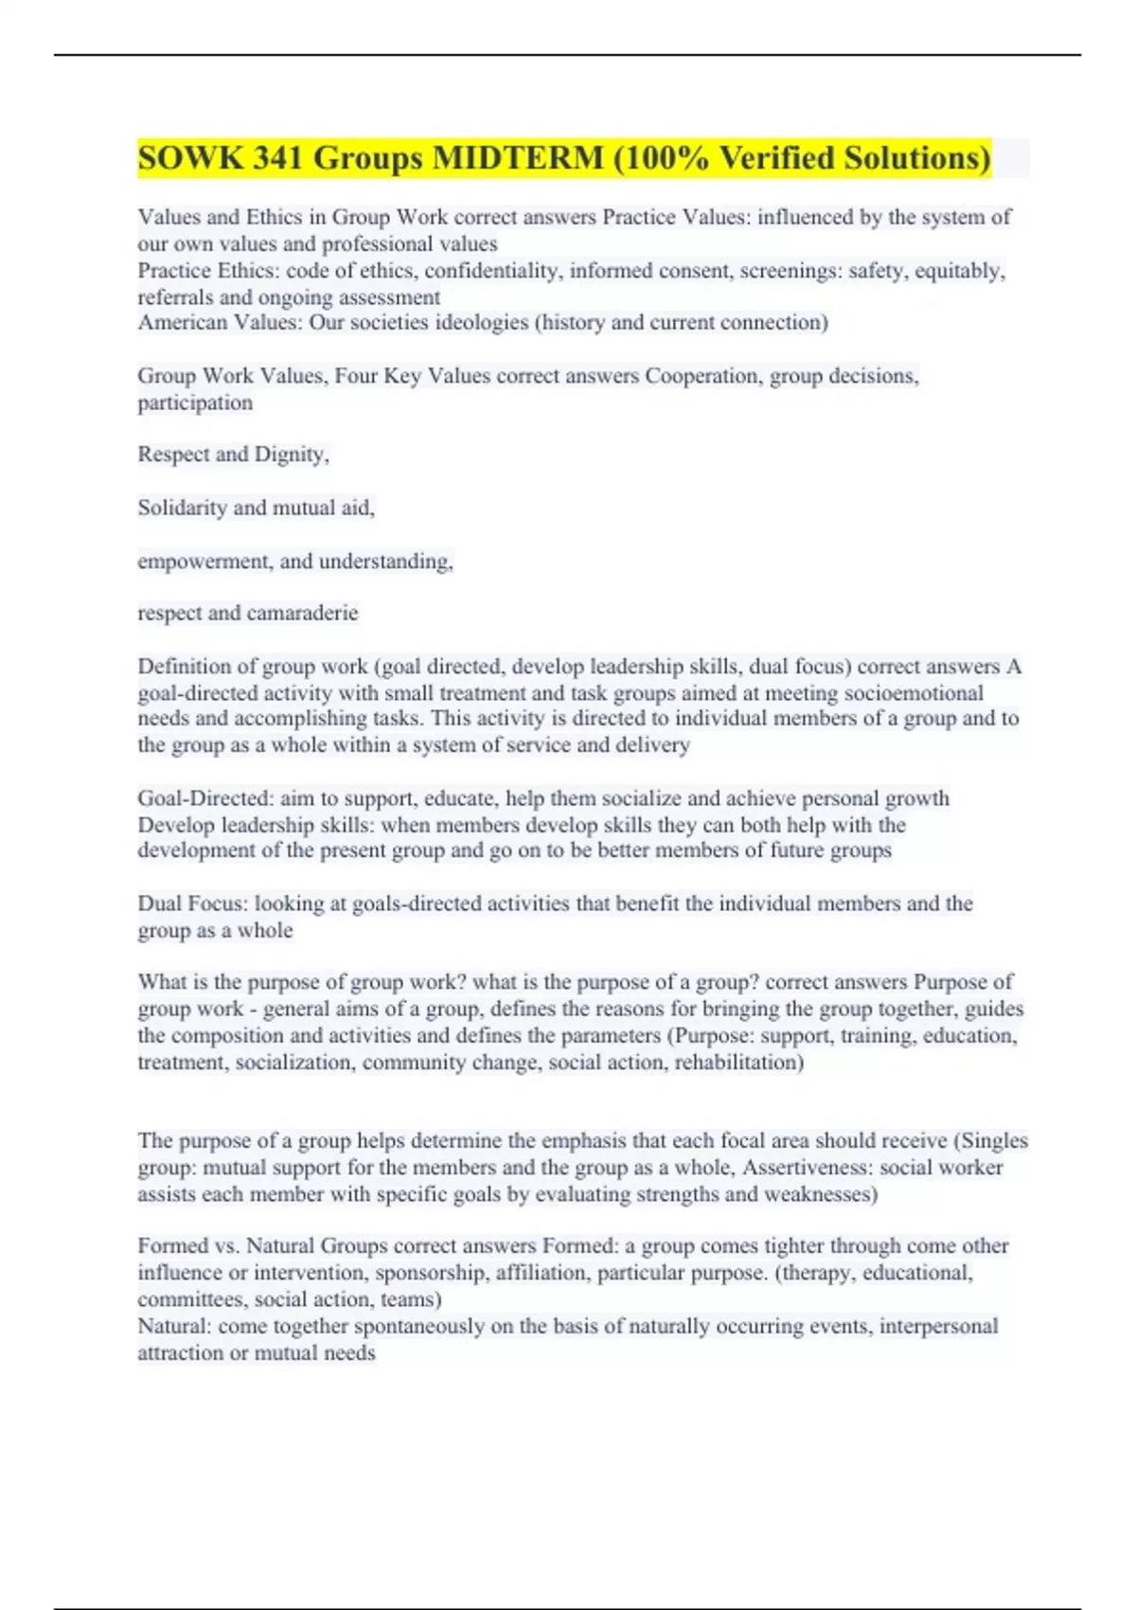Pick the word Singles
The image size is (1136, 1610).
[994, 1141]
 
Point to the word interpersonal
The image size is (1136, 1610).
[938, 1326]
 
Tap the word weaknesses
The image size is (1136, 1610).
[820, 1194]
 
